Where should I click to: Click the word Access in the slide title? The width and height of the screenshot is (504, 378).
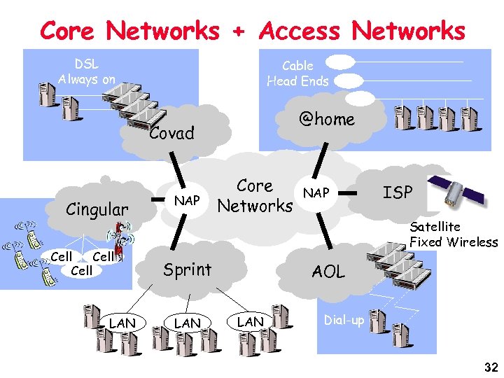point(300,31)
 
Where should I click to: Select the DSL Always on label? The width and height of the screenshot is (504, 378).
point(87,71)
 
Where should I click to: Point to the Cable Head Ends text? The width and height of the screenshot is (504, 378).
point(297,73)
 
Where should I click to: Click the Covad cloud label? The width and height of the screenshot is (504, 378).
point(171,133)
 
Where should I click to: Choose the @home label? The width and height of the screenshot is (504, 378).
point(327,120)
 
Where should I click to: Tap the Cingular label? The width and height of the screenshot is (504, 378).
point(97,209)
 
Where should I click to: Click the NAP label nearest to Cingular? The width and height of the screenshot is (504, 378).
point(187,201)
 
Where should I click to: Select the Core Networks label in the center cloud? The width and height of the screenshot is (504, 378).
point(255,196)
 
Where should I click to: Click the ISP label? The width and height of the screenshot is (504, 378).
point(398,192)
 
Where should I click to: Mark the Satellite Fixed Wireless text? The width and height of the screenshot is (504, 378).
point(453,234)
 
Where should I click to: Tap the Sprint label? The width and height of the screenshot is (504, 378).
point(187,269)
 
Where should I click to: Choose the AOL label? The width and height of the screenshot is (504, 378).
point(328,272)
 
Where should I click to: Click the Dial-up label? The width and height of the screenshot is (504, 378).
point(344,320)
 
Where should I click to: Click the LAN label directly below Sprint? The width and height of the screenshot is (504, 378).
point(187,322)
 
